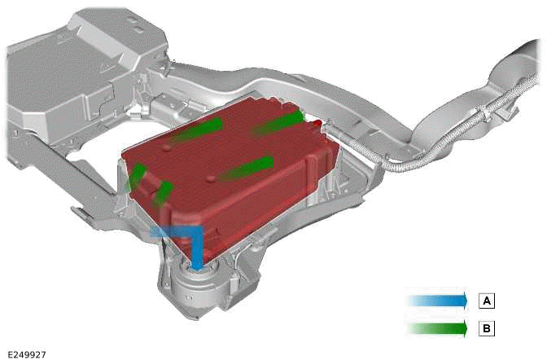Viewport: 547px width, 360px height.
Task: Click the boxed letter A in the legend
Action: [x=487, y=301]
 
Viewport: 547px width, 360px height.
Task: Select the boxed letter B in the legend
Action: [x=487, y=328]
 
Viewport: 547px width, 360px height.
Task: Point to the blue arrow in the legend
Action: [x=438, y=301]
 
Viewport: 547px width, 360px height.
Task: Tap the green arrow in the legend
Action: [x=438, y=328]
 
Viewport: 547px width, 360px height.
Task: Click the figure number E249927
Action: [x=27, y=354]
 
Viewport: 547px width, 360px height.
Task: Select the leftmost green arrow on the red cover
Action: [x=137, y=176]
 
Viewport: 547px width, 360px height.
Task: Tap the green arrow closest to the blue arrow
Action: [x=163, y=194]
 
